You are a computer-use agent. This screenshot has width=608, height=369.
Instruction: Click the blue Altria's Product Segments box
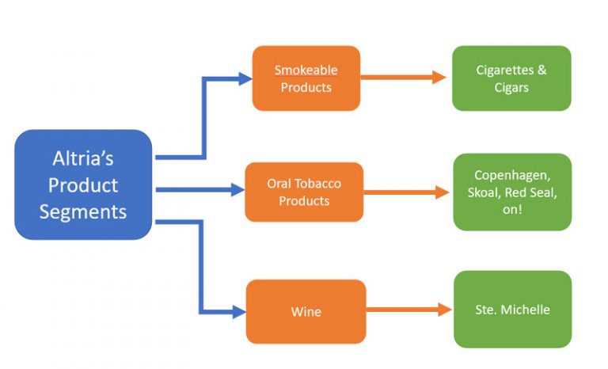pyautogui.click(x=83, y=184)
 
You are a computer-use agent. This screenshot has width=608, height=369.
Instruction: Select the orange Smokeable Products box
pyautogui.click(x=306, y=78)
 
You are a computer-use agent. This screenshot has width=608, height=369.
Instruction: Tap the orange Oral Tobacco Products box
pyautogui.click(x=303, y=192)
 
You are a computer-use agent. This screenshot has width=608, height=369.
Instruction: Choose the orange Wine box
pyautogui.click(x=306, y=311)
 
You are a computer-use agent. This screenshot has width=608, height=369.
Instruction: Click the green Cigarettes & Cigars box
pyautogui.click(x=511, y=78)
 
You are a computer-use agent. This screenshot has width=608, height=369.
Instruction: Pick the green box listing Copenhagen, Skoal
pyautogui.click(x=511, y=192)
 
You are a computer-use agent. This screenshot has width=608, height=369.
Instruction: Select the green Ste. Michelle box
pyautogui.click(x=512, y=309)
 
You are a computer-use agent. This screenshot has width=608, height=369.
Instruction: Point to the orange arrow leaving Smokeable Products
pyautogui.click(x=404, y=78)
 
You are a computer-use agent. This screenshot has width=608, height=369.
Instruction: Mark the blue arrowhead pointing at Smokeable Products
pyautogui.click(x=245, y=78)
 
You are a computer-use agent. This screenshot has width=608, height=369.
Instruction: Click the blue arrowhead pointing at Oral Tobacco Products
pyautogui.click(x=237, y=190)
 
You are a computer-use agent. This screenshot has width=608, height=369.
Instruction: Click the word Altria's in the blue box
pyautogui.click(x=83, y=158)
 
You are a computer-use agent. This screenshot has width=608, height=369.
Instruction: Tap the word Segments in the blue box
pyautogui.click(x=83, y=211)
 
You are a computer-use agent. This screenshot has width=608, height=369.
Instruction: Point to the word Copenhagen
pyautogui.click(x=511, y=175)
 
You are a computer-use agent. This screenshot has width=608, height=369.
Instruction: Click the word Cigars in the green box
pyautogui.click(x=511, y=87)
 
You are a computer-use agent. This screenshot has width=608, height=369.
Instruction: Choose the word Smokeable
pyautogui.click(x=306, y=70)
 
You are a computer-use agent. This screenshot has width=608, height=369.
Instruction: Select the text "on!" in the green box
pyautogui.click(x=511, y=208)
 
